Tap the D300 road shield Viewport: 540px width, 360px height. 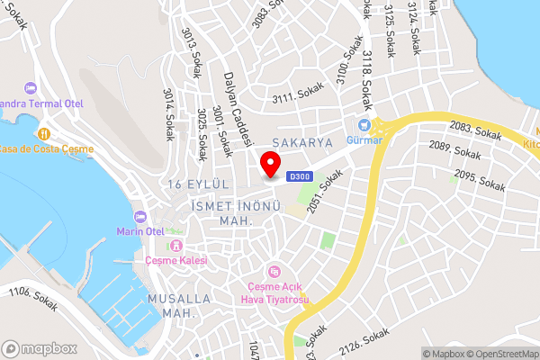point(300,177)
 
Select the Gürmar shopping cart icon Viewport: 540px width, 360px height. point(364,125)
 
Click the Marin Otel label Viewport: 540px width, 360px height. point(164,231)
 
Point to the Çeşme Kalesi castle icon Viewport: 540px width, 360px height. point(176,246)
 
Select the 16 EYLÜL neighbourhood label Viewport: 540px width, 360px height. point(200,184)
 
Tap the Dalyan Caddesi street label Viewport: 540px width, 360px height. point(231,109)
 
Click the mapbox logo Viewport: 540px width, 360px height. point(40,348)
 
